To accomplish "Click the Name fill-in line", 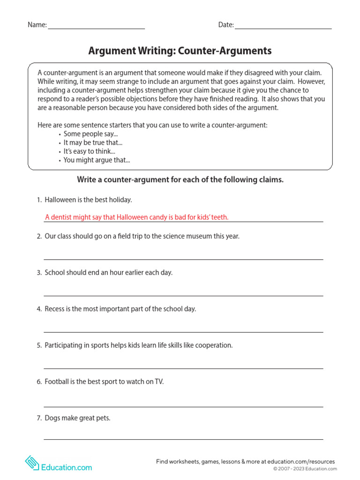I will tap(96, 28).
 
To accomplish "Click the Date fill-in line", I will tap(283, 28).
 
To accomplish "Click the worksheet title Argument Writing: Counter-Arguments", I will tap(180, 51).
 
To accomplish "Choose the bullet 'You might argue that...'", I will tap(97, 160).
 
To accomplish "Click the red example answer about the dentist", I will tap(137, 217).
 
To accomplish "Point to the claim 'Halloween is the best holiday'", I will tap(88, 200).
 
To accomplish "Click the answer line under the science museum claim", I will tap(183, 259).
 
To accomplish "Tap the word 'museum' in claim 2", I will tap(200, 236).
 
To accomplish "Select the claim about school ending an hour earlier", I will tap(108, 272).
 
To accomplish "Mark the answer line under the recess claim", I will tap(183, 332).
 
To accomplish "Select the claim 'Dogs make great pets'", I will tap(77, 418).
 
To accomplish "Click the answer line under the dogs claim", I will tap(183, 439).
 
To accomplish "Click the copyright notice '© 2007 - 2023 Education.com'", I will tap(305, 469).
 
